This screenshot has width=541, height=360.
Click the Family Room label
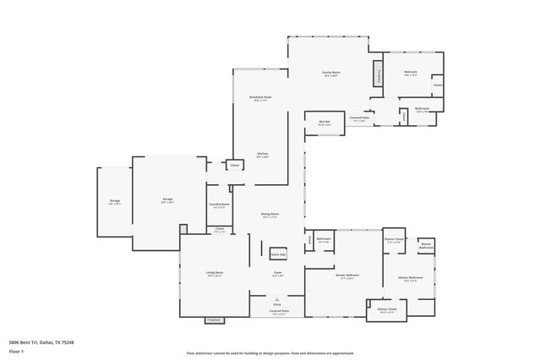331,73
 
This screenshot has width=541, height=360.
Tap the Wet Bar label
323,123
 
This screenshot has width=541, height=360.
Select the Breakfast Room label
260,97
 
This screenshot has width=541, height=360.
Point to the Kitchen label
263,155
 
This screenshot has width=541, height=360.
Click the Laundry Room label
220,205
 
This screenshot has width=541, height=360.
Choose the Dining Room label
270,215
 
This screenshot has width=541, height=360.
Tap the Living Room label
214,273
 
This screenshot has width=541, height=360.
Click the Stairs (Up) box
278,254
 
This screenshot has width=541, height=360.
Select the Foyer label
277,273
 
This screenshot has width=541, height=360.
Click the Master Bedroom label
347,275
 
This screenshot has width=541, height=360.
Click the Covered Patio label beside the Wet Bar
359,118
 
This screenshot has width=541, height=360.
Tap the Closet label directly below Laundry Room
220,229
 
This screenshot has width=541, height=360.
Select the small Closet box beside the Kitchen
234,165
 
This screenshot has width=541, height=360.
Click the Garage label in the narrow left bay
114,201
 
